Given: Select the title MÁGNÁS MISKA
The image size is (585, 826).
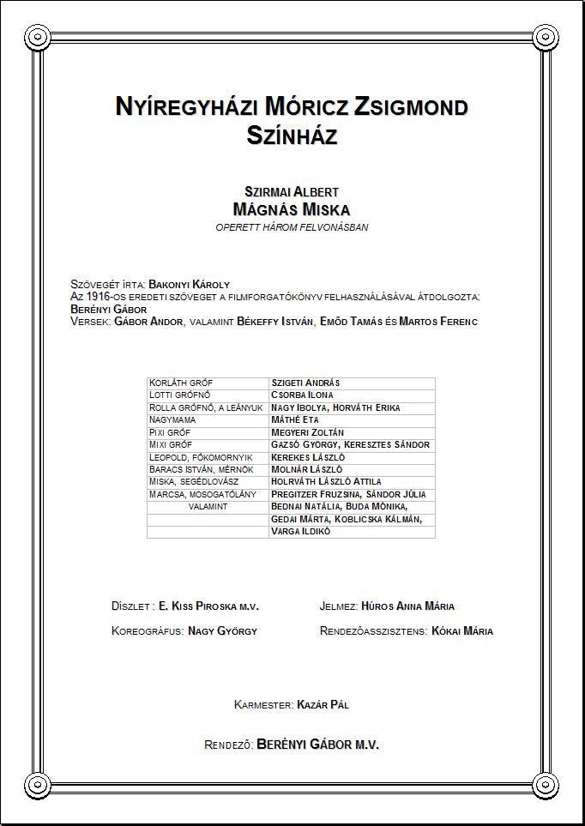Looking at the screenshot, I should pyautogui.click(x=292, y=209).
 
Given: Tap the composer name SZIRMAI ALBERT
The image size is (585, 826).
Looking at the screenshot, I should pyautogui.click(x=292, y=191).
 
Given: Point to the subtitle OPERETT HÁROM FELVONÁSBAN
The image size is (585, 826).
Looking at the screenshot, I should pyautogui.click(x=292, y=227).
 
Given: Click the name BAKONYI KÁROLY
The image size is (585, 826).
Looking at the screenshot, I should pyautogui.click(x=189, y=284).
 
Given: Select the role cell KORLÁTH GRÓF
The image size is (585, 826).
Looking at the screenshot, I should pyautogui.click(x=181, y=383).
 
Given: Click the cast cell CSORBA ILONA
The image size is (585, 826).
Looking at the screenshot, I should pyautogui.click(x=303, y=395).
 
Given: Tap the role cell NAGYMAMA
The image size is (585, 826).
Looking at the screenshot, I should pyautogui.click(x=172, y=419).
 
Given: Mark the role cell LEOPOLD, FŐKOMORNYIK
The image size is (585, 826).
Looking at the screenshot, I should pyautogui.click(x=201, y=457).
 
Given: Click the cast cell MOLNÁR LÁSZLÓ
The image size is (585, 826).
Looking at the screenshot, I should pyautogui.click(x=307, y=469).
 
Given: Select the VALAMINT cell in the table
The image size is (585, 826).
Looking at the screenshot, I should pyautogui.click(x=208, y=507).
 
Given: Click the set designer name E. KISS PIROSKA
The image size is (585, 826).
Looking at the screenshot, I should pyautogui.click(x=209, y=606).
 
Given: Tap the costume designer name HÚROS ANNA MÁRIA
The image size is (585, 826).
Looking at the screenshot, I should pyautogui.click(x=408, y=606).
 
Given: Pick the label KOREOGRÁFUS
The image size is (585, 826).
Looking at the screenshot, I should pyautogui.click(x=147, y=631).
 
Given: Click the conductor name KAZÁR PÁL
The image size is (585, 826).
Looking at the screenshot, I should pyautogui.click(x=323, y=705).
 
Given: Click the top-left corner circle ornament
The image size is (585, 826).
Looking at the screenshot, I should pyautogui.click(x=37, y=37).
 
